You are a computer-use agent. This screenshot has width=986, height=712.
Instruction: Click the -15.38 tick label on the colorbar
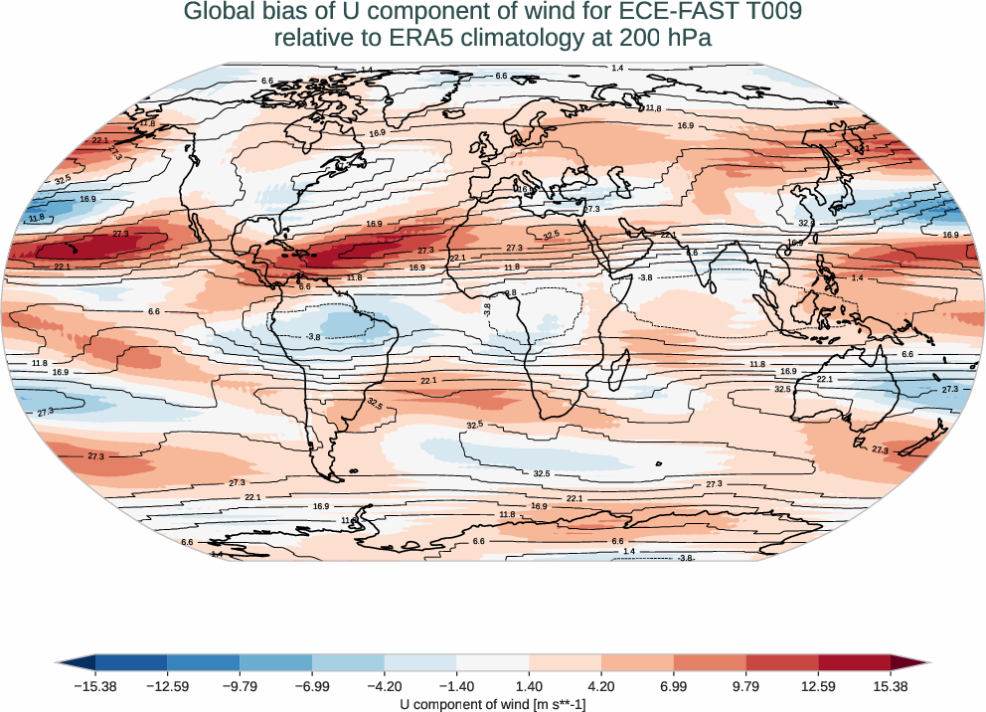[x=95, y=686]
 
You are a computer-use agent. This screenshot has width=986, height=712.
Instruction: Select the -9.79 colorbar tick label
[x=240, y=686]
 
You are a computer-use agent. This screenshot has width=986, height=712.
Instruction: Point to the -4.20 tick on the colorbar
[x=384, y=686]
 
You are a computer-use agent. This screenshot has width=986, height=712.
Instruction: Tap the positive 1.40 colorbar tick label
[x=529, y=686]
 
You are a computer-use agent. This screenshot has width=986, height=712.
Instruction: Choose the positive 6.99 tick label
[x=673, y=686]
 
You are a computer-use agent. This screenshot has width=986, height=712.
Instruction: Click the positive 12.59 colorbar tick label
[x=818, y=686]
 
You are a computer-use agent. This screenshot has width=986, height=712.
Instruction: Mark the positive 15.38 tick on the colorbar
[x=890, y=686]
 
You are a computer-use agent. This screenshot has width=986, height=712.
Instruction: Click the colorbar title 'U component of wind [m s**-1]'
[x=492, y=703]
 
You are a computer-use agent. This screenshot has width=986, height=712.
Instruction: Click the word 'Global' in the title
[x=218, y=13]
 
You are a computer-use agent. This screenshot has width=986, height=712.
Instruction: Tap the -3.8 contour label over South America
[x=313, y=338]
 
